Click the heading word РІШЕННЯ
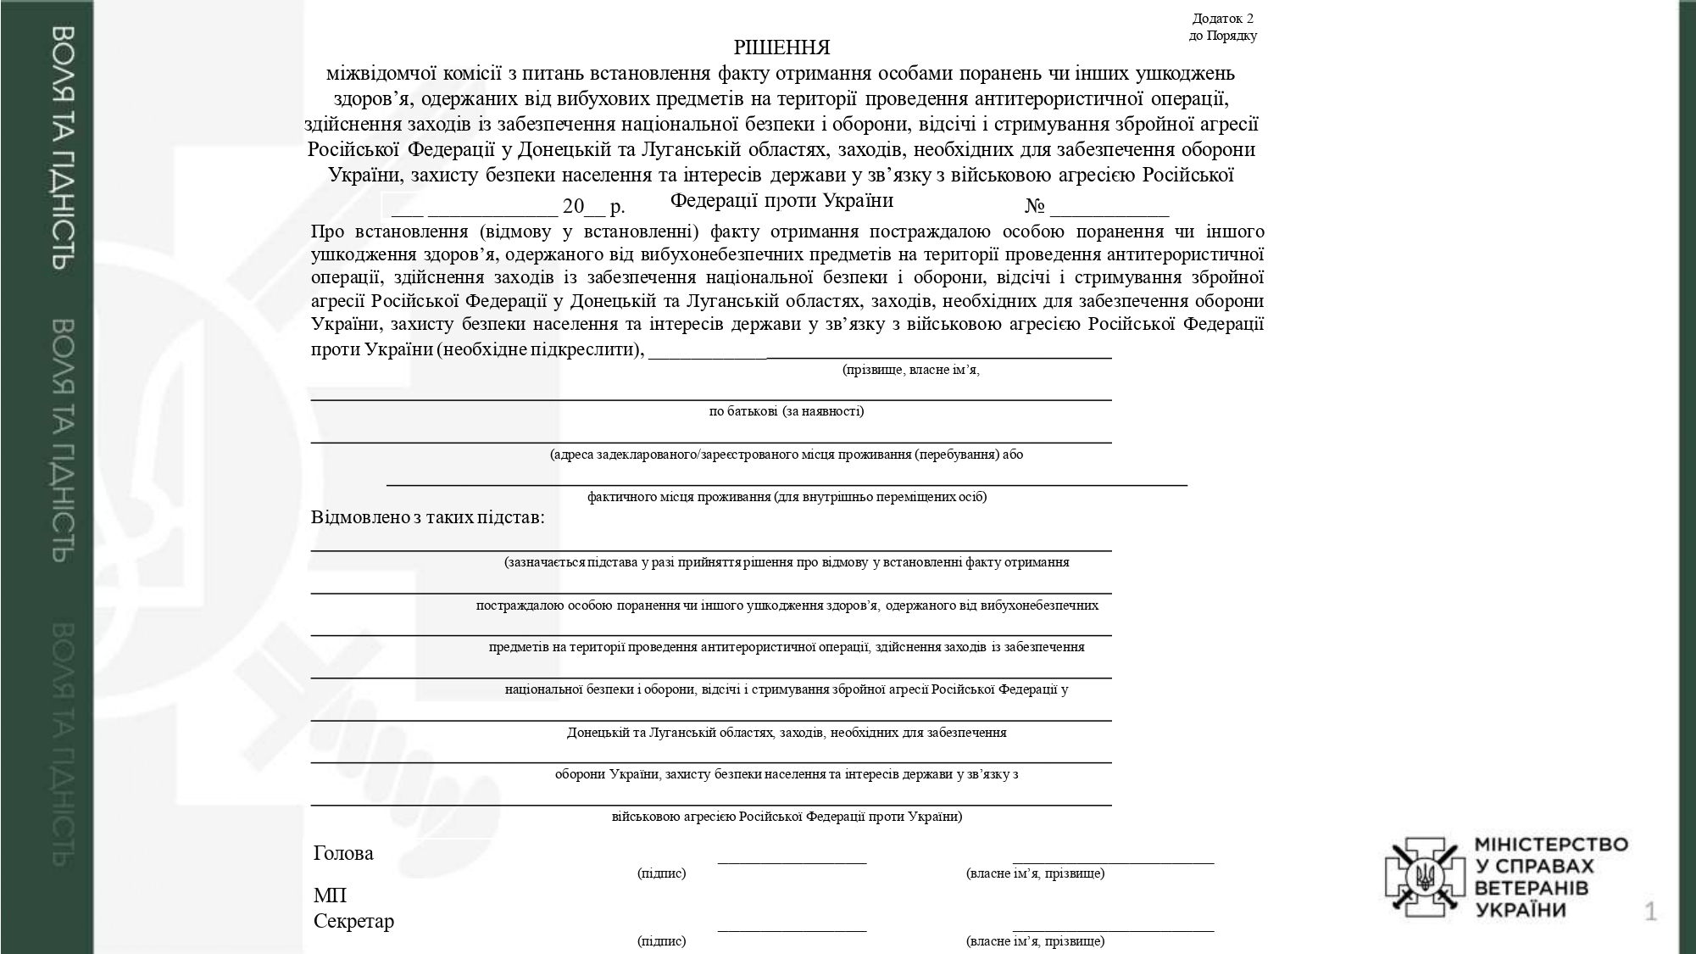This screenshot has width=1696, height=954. (781, 47)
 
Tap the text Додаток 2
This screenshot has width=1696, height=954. (1222, 19)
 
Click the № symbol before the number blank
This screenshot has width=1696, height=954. (1034, 206)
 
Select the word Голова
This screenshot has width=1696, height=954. (343, 853)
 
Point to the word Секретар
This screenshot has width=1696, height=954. (353, 921)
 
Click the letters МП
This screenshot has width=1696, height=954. (330, 895)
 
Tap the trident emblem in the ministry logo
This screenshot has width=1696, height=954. (1425, 877)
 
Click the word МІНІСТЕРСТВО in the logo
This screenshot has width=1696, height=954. (1551, 845)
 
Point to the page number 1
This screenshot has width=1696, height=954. (1650, 912)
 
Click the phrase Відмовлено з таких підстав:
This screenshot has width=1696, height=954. (428, 517)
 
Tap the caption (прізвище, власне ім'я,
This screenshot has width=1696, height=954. (910, 371)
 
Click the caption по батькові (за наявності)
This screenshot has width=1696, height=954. (787, 411)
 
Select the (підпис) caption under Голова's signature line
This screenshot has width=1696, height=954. (661, 873)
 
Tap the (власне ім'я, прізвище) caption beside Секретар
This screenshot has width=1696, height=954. (1035, 941)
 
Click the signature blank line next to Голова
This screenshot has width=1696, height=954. (792, 862)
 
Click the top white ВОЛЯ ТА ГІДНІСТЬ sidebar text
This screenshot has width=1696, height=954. (63, 148)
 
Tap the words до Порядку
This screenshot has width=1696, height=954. (1222, 36)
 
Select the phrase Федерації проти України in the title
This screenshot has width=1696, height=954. (781, 201)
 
